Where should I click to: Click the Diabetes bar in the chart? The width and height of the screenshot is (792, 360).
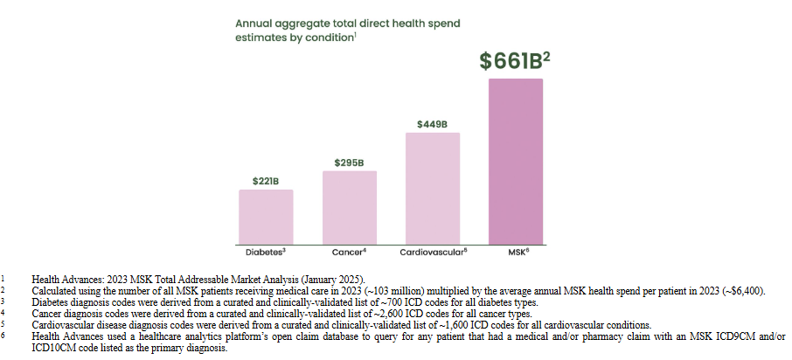click(x=266, y=216)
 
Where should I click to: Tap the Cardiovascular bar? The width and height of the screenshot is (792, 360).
click(x=433, y=187)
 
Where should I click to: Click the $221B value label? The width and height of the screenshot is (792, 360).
click(x=266, y=181)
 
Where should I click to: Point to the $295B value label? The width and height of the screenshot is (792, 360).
click(x=349, y=163)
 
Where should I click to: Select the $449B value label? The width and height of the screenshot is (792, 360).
click(x=433, y=124)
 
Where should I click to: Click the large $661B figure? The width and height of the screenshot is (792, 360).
click(x=516, y=61)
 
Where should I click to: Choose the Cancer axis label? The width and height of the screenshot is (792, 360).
click(x=348, y=253)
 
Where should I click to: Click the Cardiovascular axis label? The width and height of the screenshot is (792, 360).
click(x=431, y=253)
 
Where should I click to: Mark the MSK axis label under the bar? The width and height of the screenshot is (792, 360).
click(x=516, y=253)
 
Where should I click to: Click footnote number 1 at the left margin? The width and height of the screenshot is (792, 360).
click(x=4, y=277)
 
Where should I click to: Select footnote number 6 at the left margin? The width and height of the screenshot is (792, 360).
click(x=4, y=336)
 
